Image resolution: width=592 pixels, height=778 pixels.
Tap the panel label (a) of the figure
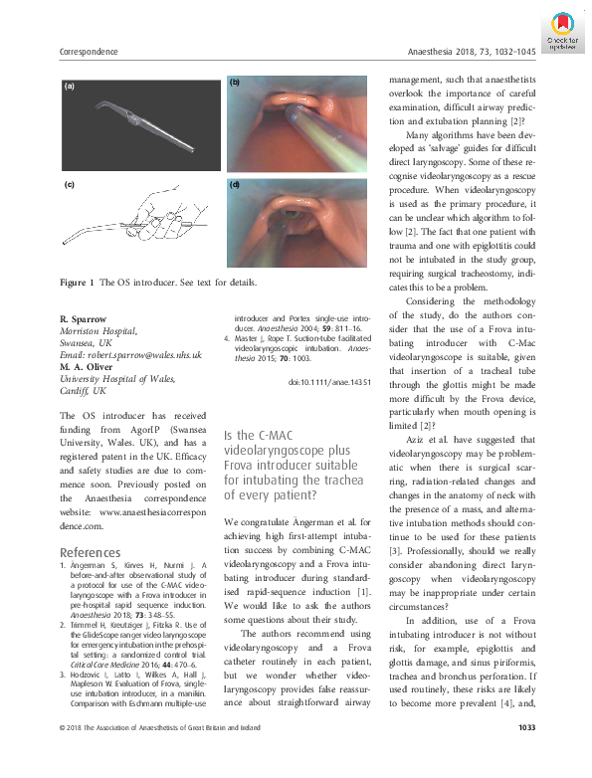(69, 88)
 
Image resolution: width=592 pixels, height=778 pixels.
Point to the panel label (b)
(235, 83)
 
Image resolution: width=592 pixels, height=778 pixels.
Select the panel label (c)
(69, 186)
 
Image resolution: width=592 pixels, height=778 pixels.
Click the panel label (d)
(235, 186)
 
